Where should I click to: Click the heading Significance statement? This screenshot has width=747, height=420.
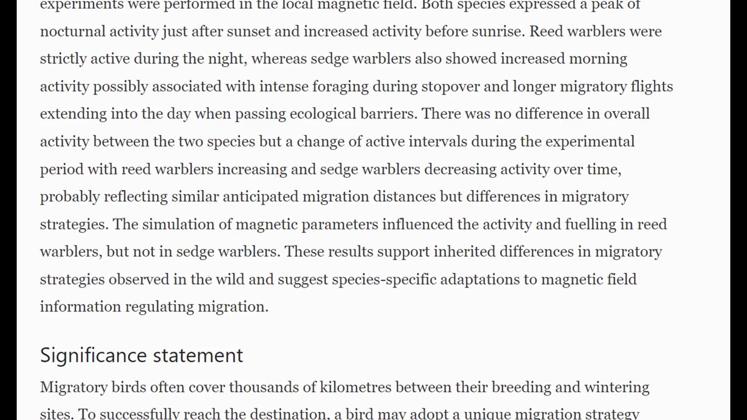coord(141,355)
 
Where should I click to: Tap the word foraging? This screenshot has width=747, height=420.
coord(340,86)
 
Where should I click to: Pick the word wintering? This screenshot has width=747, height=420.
coord(616,387)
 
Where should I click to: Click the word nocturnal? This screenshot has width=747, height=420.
coord(73,31)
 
